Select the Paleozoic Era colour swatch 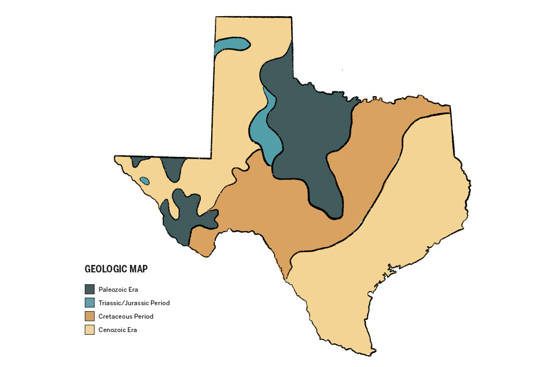coord(90,289)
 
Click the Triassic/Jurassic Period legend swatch coord(90,303)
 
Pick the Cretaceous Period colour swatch coord(90,316)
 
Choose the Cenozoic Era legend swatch coord(90,330)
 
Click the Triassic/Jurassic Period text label coord(134,303)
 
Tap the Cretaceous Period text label coord(126,316)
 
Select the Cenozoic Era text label coord(118,330)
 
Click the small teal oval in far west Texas coord(144,181)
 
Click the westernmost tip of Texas coord(115,157)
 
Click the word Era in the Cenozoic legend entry coord(132,330)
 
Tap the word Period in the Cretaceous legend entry coord(143,316)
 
